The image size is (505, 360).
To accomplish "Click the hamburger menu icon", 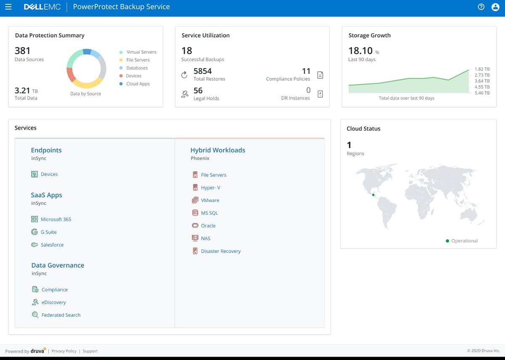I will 8,7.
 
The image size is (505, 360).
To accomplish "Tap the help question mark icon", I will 481,7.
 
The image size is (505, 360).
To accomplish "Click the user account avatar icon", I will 495,7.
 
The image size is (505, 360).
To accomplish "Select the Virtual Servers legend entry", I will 141,52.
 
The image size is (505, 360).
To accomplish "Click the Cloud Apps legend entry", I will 138,84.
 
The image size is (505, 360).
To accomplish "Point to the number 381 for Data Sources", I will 23,51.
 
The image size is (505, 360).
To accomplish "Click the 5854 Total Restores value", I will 202,71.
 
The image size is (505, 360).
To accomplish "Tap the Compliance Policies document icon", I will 320,75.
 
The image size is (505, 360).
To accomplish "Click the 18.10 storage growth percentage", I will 361,51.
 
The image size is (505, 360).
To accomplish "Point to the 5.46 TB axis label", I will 482,93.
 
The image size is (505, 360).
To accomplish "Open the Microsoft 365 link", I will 56,219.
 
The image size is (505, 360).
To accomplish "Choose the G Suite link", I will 49,232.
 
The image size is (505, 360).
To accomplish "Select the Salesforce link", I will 52,245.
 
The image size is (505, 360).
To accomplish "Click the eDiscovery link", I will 54,302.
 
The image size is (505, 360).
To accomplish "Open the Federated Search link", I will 61,315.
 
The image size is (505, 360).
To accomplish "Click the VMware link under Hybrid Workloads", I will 210,200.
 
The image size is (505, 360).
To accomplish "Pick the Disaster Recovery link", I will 221,251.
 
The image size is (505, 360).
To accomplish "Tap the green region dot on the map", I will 373,195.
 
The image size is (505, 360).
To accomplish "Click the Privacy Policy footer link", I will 64,351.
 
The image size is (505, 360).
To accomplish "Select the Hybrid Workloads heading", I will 218,150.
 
